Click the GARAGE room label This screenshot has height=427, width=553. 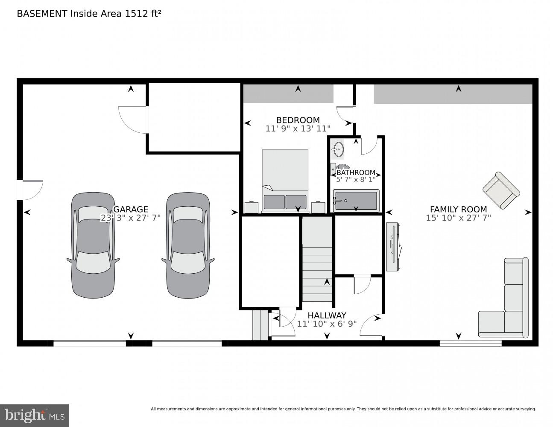coord(130,209)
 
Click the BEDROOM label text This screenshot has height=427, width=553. coord(298,120)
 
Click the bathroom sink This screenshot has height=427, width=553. coord(338,149)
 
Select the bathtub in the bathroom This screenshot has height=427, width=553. coord(356,201)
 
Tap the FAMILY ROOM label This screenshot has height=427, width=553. coord(458,209)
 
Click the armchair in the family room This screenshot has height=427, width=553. coord(501,190)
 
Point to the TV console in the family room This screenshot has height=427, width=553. coord(392,246)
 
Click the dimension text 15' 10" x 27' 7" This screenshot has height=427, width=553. coord(458,218)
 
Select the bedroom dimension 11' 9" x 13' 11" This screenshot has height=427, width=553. coord(298,129)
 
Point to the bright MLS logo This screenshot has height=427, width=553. coord(35,415)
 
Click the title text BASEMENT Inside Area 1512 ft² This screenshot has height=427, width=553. coord(89,14)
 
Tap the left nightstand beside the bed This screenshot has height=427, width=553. coord(252,207)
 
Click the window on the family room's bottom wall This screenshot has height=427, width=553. coord(471,343)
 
